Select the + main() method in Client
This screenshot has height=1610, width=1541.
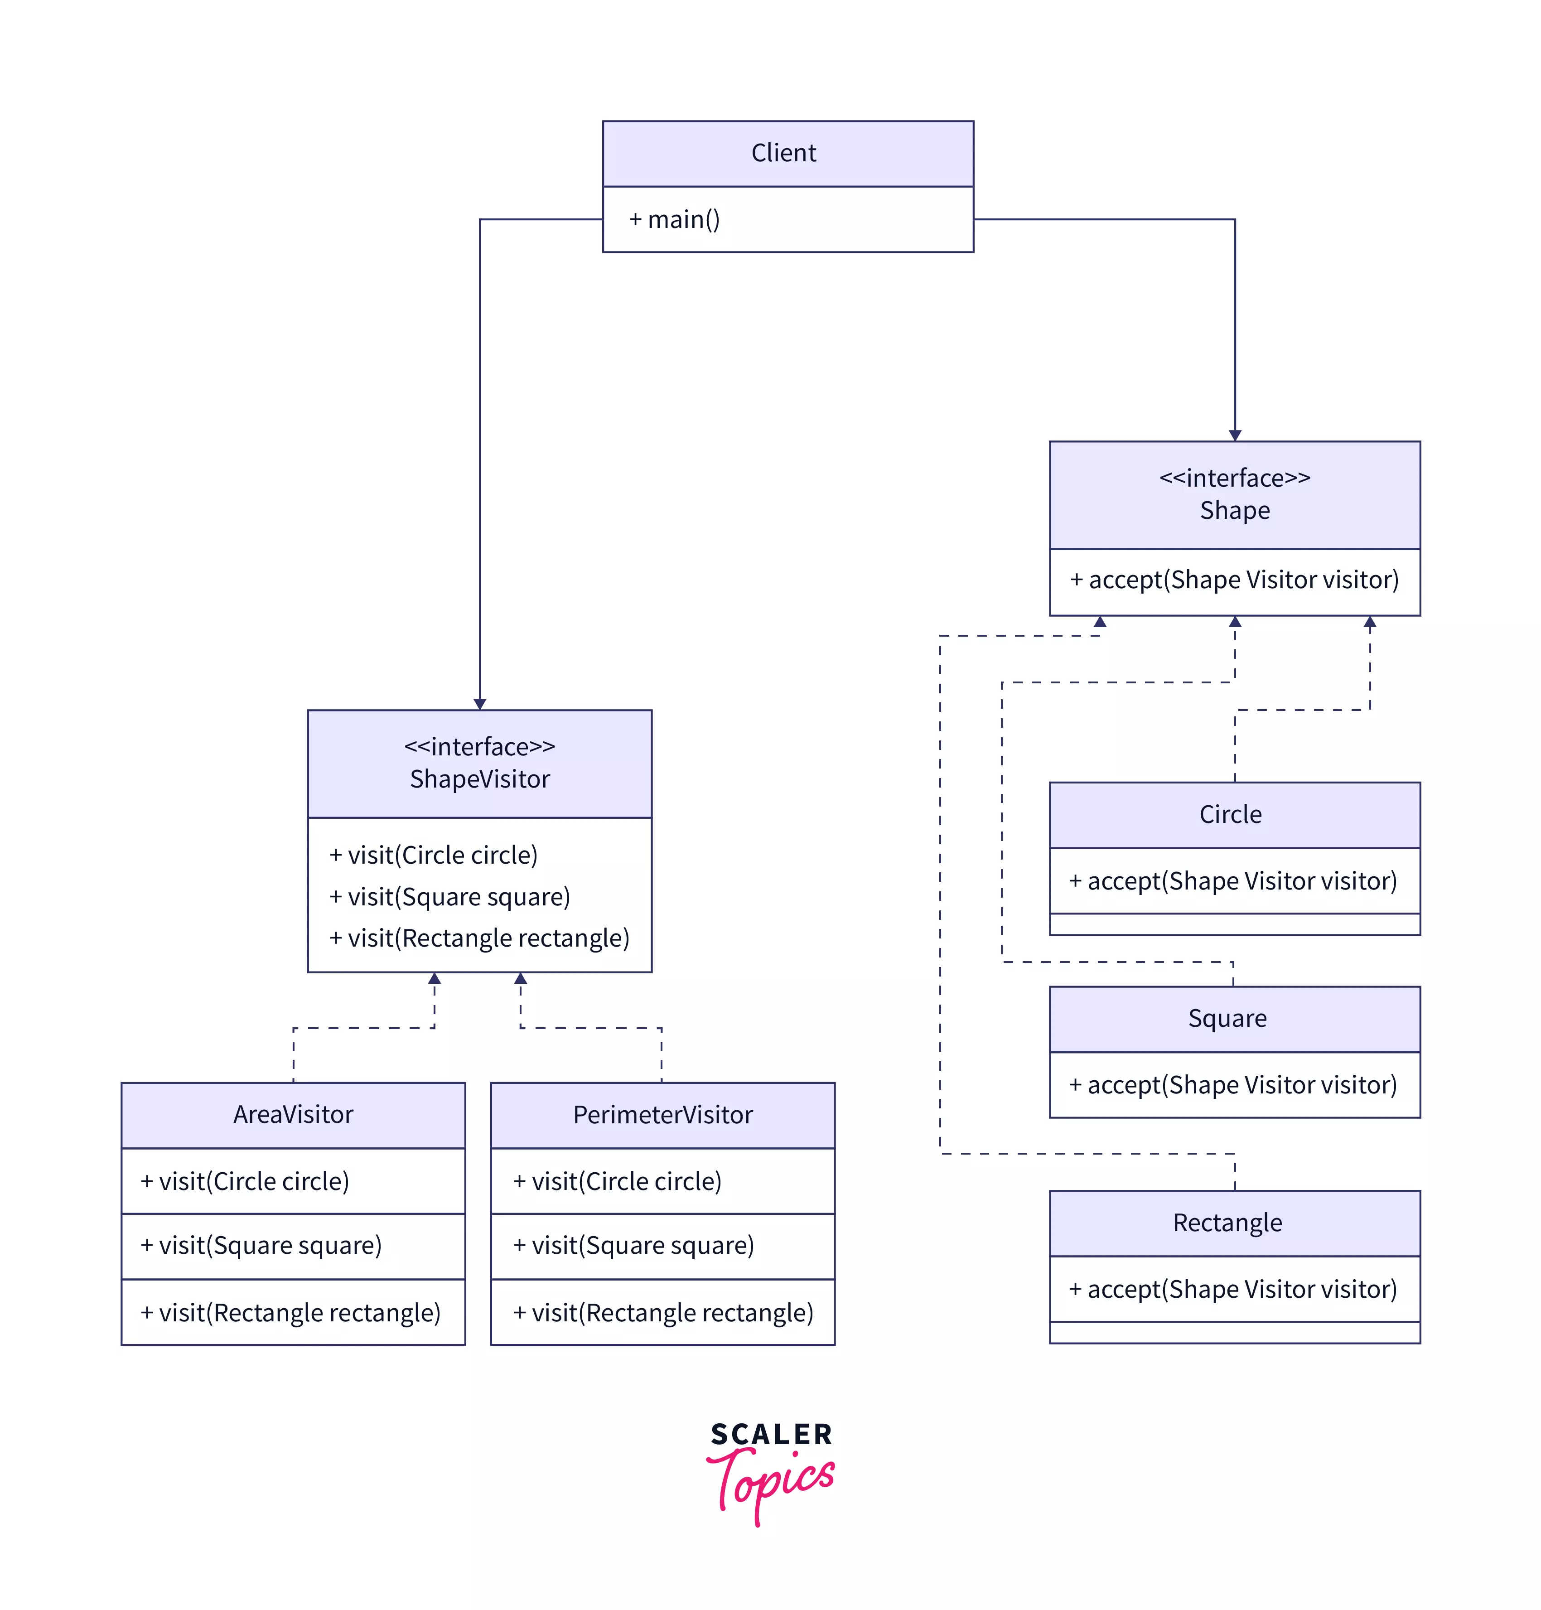click(x=674, y=219)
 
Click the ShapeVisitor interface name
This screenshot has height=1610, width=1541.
click(x=480, y=778)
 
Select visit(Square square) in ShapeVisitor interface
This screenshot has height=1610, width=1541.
click(x=450, y=896)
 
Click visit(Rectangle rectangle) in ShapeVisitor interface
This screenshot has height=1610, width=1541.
click(x=480, y=938)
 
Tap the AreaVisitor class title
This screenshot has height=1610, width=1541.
click(x=293, y=1115)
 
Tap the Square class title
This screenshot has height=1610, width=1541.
click(x=1227, y=1019)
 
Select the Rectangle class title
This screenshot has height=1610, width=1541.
click(x=1227, y=1223)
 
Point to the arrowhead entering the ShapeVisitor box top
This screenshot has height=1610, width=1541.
click(x=480, y=704)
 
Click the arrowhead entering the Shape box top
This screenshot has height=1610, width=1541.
click(x=1235, y=435)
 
